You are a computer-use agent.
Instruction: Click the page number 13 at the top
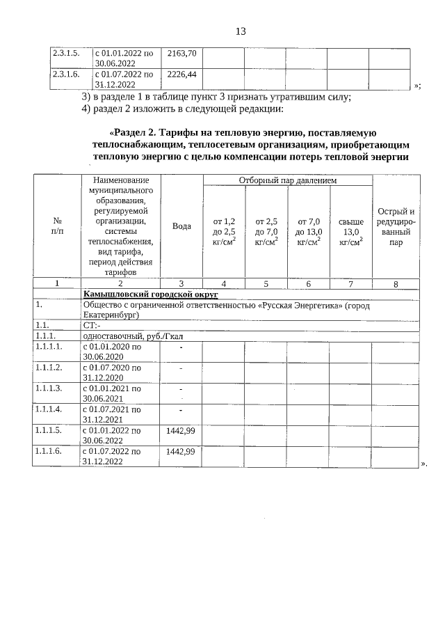click(x=241, y=31)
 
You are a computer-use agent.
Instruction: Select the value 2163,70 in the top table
click(x=182, y=53)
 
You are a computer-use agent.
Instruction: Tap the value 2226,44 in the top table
click(x=182, y=73)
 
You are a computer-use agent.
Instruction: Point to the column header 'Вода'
click(x=181, y=227)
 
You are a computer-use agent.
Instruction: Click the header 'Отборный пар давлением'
click(x=287, y=180)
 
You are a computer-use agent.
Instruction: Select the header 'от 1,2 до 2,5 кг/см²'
click(x=224, y=232)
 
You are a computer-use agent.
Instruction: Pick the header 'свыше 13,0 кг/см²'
click(x=350, y=232)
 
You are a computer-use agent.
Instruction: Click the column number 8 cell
click(x=396, y=284)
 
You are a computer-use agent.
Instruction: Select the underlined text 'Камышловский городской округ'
click(x=151, y=295)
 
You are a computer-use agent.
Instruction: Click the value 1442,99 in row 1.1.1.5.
click(x=180, y=431)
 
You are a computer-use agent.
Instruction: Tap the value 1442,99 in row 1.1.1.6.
click(x=180, y=451)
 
